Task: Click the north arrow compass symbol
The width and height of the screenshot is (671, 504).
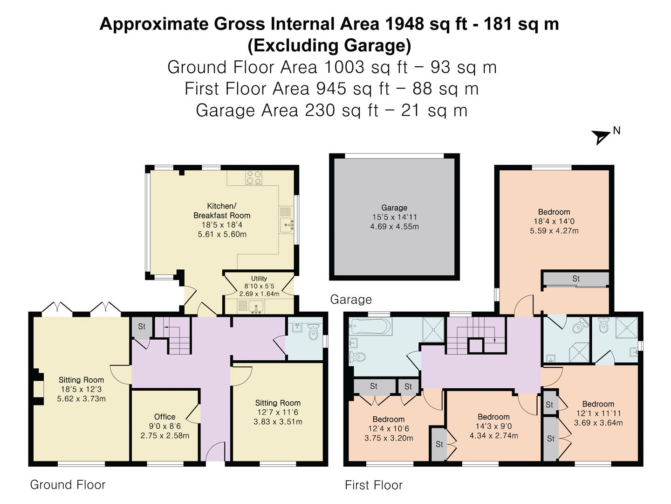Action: coord(601,137)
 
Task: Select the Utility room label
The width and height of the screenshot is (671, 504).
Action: coord(259,279)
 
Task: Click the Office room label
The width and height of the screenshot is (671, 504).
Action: coord(165,417)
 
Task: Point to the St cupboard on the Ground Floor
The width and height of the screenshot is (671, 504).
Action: coord(142,327)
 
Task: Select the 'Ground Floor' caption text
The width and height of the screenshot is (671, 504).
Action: coord(68,485)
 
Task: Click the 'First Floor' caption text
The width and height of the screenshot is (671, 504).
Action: coord(373,485)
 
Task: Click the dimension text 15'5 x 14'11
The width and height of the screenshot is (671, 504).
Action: coord(394,217)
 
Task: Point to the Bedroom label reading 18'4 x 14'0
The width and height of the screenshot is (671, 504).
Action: coord(554,221)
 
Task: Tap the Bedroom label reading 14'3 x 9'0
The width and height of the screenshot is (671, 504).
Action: coord(493,426)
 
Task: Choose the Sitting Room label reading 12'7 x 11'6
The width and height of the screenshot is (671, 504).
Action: coord(278,412)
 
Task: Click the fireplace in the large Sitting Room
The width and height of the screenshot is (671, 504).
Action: coord(38,387)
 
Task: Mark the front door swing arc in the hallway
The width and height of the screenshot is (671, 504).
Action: coord(215,452)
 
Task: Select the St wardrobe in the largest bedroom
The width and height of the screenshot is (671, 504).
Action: coord(576,279)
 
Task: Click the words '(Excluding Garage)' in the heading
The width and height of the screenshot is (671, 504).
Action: coord(329,46)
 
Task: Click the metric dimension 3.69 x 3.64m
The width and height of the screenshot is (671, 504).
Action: coord(598,423)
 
